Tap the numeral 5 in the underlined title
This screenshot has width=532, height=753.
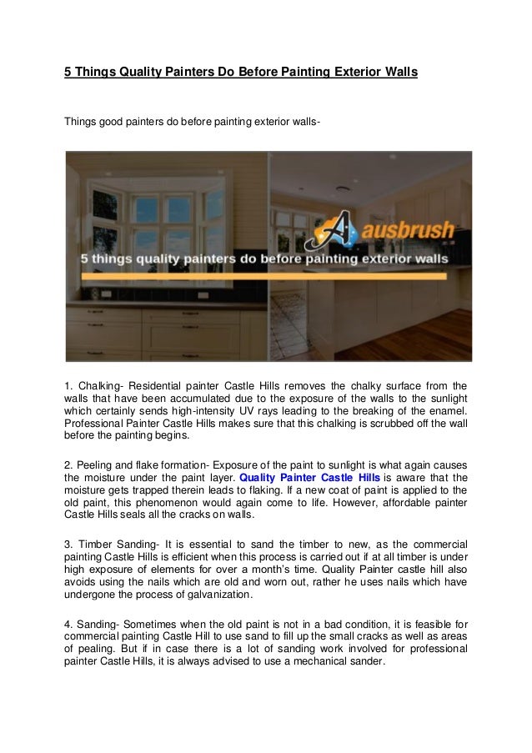point(69,73)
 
